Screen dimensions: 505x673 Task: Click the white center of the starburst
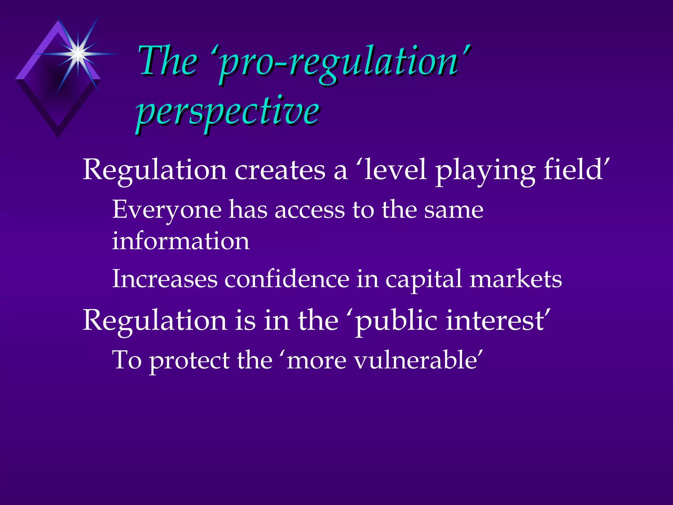pos(78,53)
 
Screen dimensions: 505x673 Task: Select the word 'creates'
pos(280,170)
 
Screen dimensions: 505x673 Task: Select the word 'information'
pos(181,241)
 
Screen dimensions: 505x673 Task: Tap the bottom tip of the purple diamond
pos(58,136)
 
